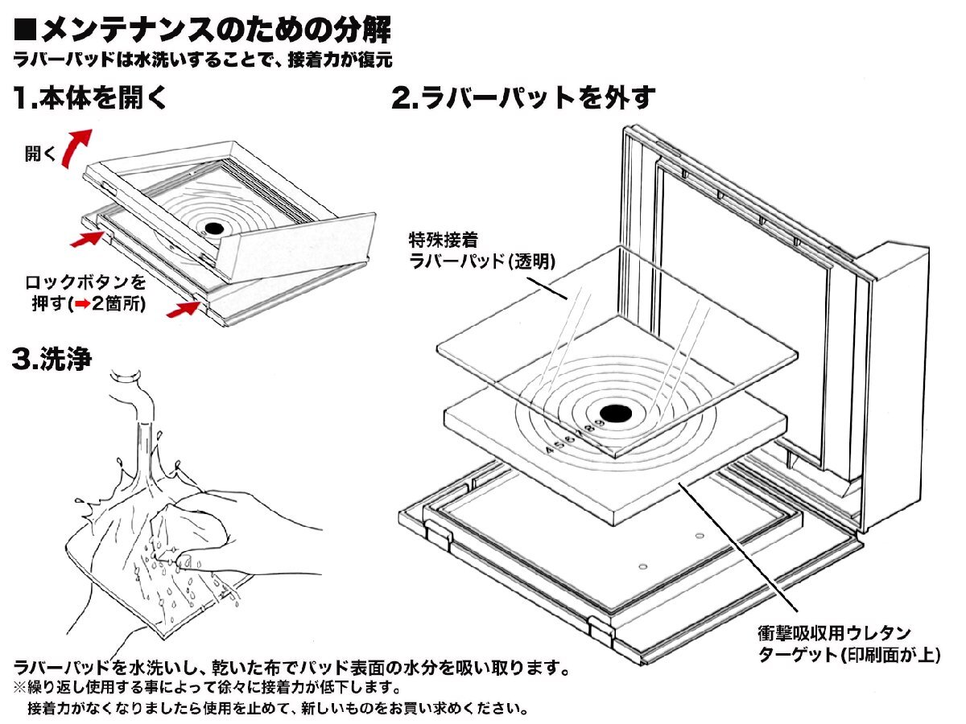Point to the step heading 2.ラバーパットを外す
pos(523,99)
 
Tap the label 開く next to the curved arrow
pos(40,154)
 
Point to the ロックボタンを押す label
pos(87,282)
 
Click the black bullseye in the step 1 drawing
pos(213,229)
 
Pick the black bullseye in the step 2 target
pos(616,413)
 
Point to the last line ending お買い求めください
pos(278,709)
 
